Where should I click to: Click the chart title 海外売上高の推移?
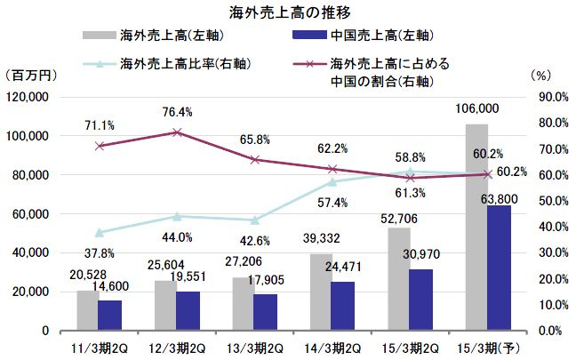[x=287, y=12]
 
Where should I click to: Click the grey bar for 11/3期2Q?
[x=86, y=310]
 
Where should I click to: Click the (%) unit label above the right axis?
[x=540, y=76]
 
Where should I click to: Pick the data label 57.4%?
[x=334, y=203]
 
